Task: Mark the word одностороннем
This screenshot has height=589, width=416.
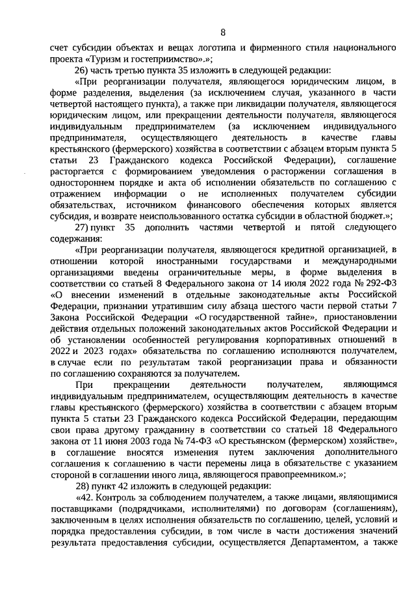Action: click(83, 182)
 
